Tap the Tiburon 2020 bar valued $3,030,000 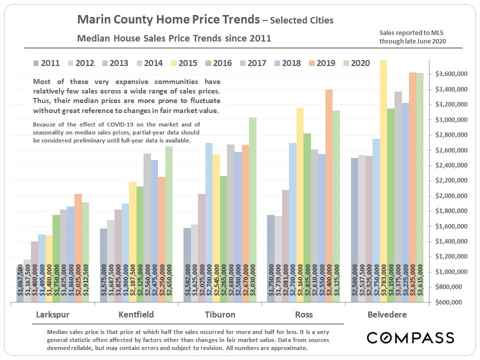[x=252, y=210]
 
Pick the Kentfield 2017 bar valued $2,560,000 [x=147, y=227]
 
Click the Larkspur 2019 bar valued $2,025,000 [x=78, y=248]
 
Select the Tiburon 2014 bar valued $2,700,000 [x=209, y=222]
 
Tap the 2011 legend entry [x=46, y=63]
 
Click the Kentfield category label [x=136, y=315]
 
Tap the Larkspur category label [x=53, y=315]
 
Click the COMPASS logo [x=410, y=337]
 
